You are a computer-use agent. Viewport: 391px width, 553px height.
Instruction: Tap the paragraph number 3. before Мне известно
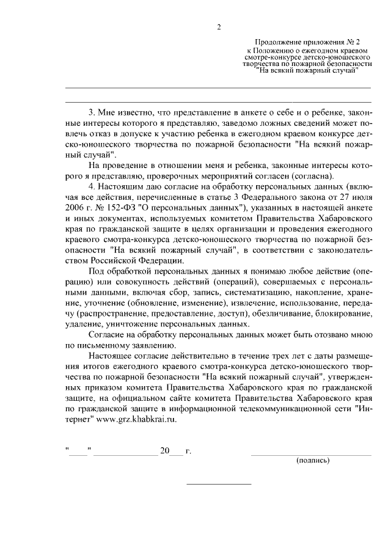pyautogui.click(x=92, y=112)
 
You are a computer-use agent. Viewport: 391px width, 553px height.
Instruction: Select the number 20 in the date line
pyautogui.click(x=164, y=451)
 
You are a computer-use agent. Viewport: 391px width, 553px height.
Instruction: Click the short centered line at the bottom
pyautogui.click(x=219, y=484)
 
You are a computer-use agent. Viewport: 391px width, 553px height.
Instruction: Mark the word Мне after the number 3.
pyautogui.click(x=109, y=112)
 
